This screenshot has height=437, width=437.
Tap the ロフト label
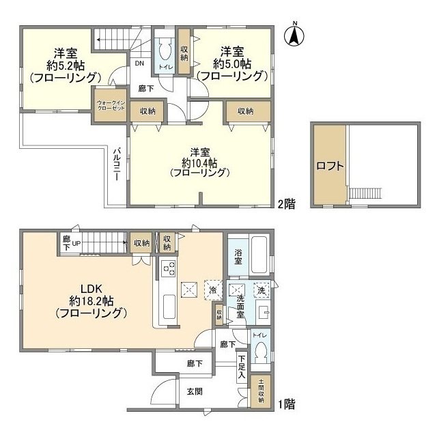pos(330,165)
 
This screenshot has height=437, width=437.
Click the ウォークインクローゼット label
pos(111,106)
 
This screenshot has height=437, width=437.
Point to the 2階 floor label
pos(287,204)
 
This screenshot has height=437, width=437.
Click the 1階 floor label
pos(287,404)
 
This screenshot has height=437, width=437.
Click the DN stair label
pos(139,64)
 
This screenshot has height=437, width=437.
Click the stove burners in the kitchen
pos(169,270)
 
